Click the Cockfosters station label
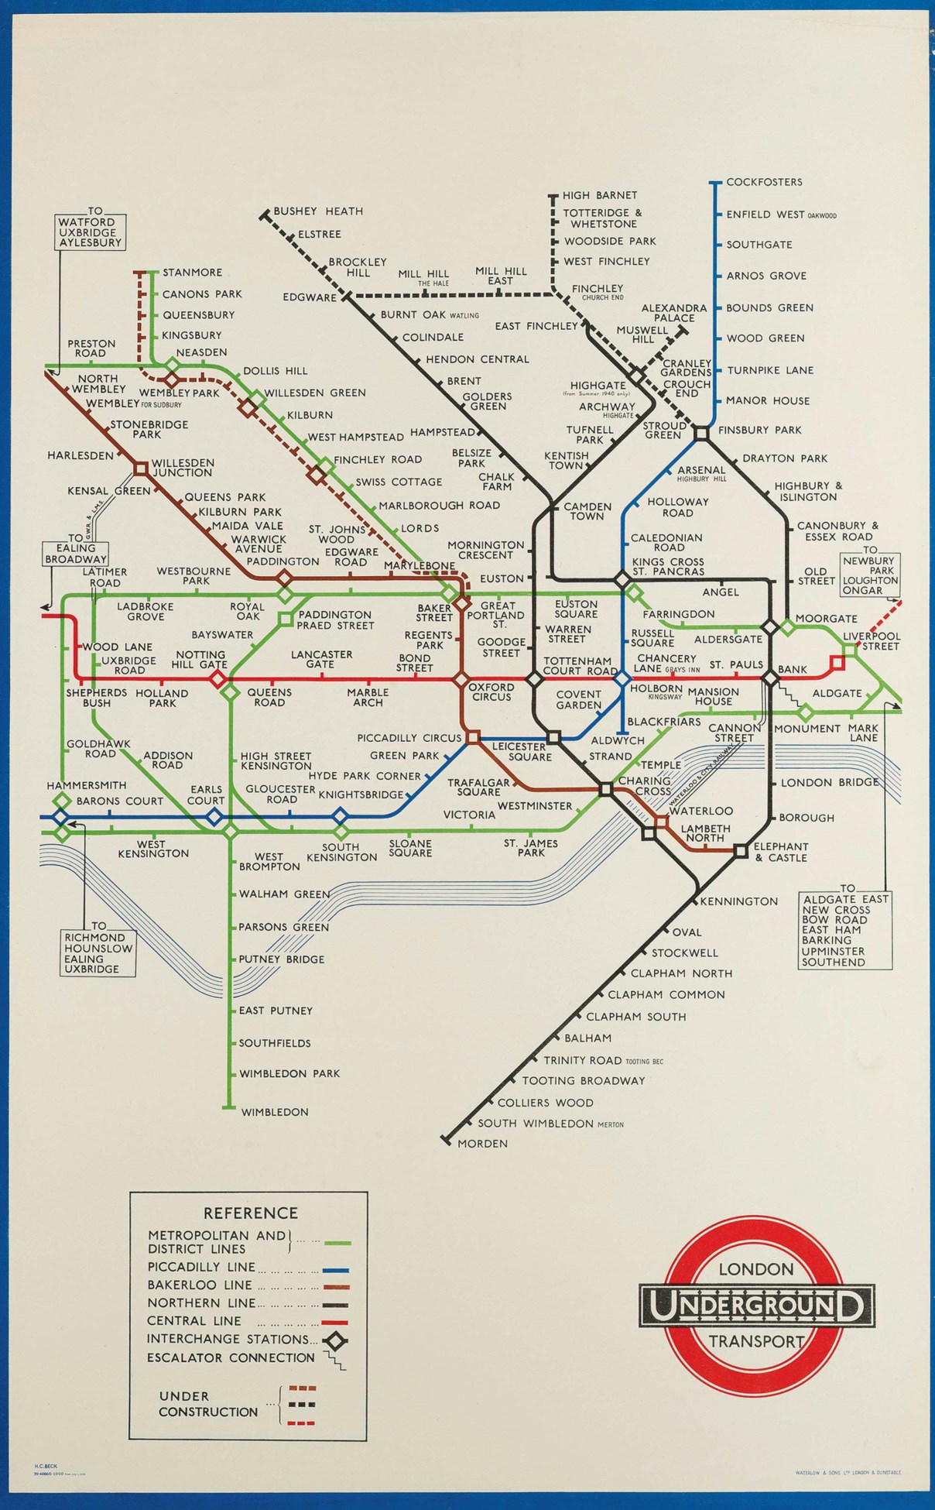(764, 183)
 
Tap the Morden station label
(482, 1144)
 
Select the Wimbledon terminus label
(275, 1112)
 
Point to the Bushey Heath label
(318, 211)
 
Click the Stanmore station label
(192, 273)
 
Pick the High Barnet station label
(600, 196)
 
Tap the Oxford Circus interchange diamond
(461, 680)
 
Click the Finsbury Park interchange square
(701, 434)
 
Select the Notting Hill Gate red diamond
(218, 680)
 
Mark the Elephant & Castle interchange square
(741, 851)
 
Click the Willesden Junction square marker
(141, 468)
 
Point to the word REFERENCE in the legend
(250, 1213)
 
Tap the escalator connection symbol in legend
(335, 1361)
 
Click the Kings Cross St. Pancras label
(668, 567)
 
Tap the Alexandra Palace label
(674, 313)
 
